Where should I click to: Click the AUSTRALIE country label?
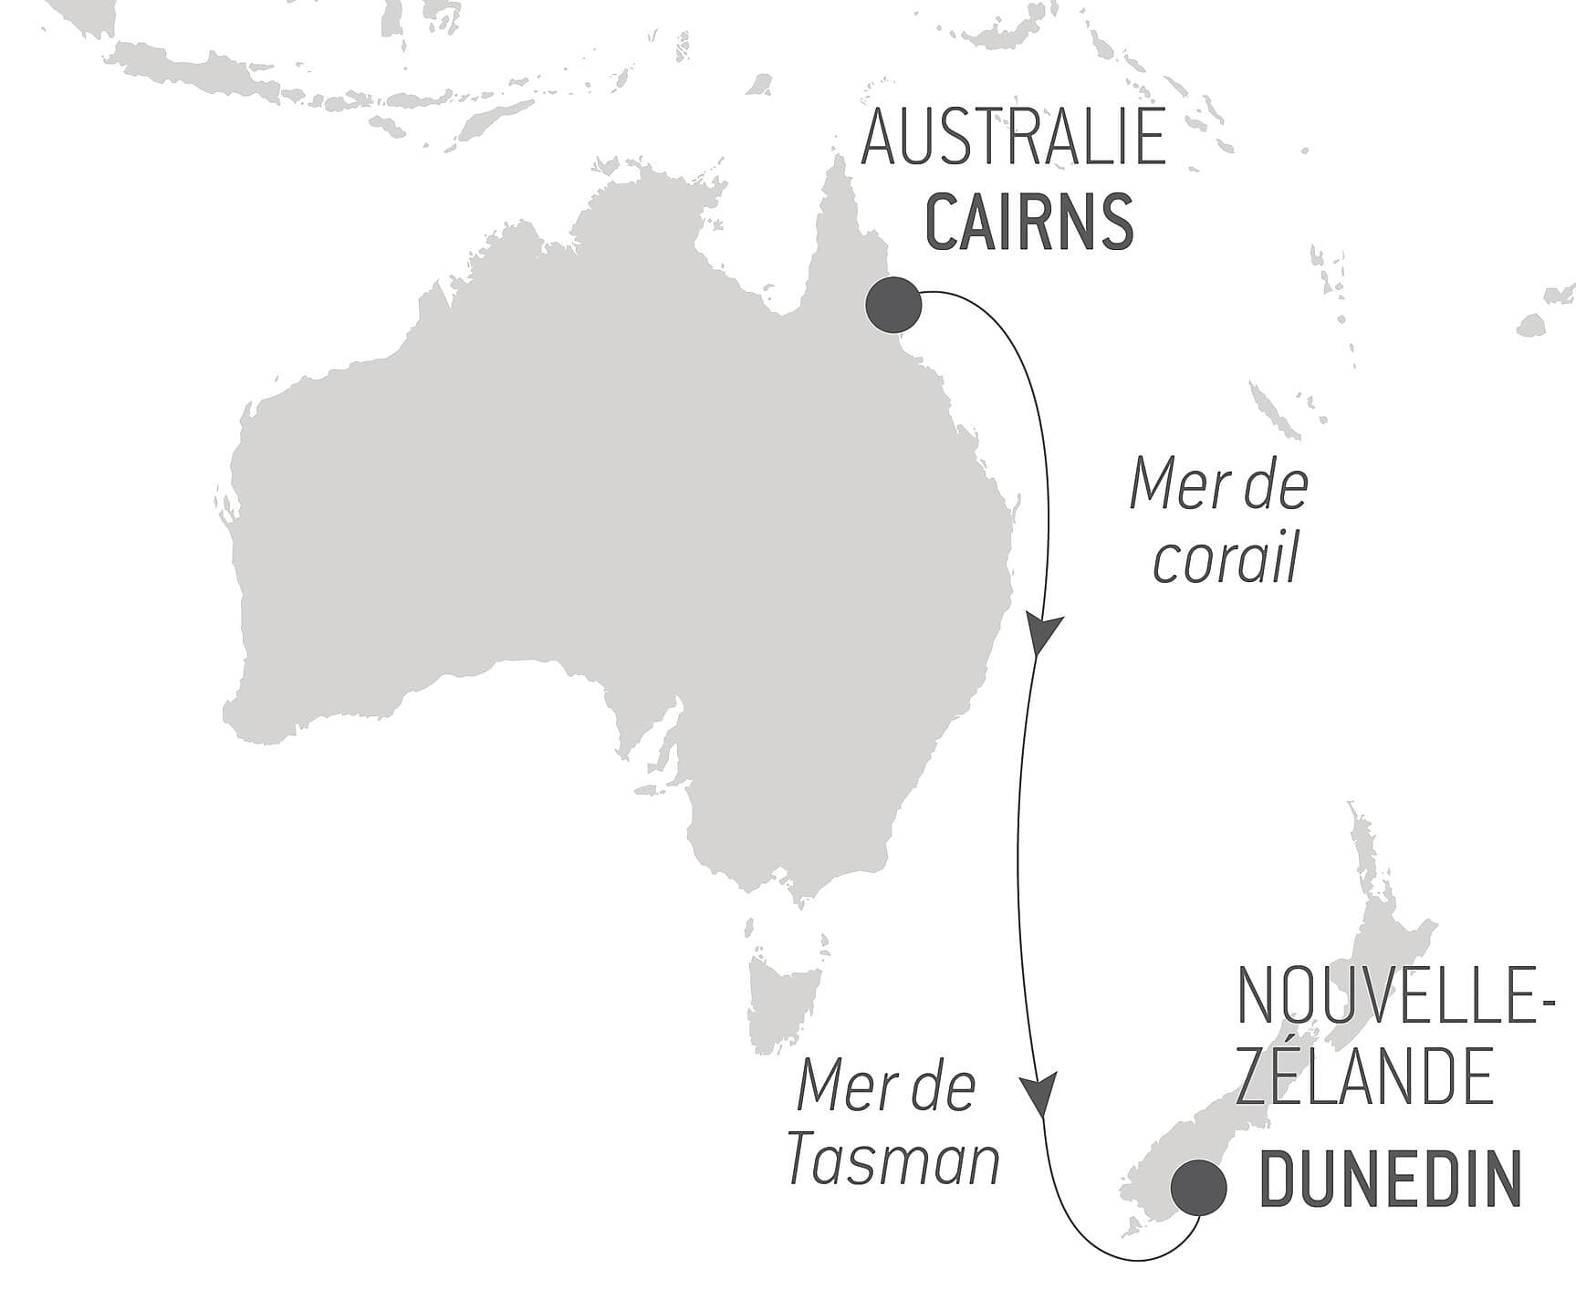click(1013, 136)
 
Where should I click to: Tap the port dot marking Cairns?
click(893, 305)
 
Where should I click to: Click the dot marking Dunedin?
click(1198, 1188)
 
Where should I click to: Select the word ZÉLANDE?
click(1364, 1076)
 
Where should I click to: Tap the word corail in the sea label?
click(1225, 560)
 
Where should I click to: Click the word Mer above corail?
click(1169, 485)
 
